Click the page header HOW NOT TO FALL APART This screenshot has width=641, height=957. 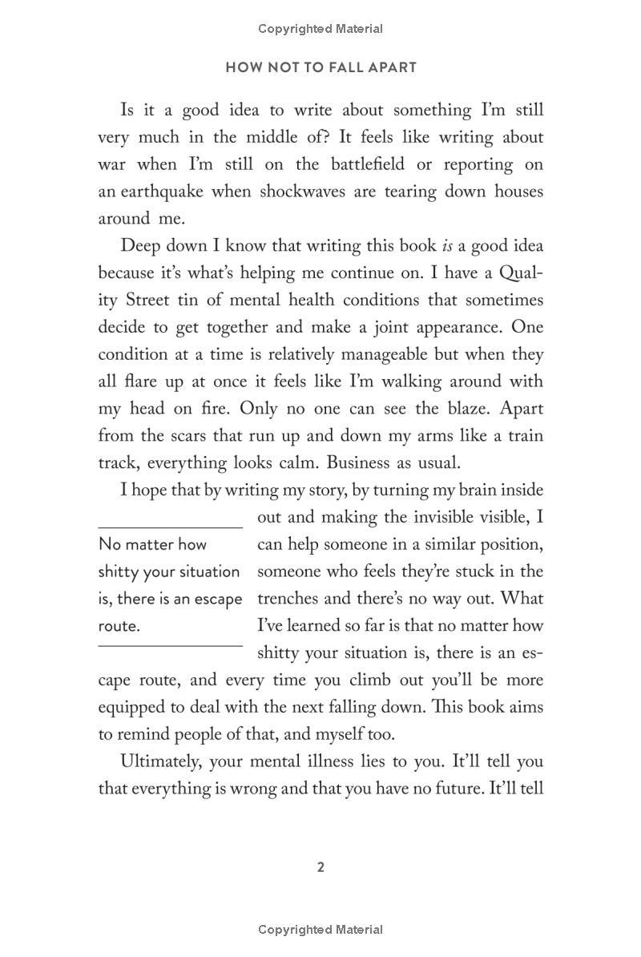tap(320, 67)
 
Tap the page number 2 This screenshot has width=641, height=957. tap(320, 866)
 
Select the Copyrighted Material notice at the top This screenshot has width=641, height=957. tap(320, 29)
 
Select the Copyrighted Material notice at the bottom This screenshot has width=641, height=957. tap(320, 930)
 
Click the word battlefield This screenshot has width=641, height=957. tap(372, 164)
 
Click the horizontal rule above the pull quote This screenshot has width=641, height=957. tap(170, 527)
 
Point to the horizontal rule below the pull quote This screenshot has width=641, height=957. tap(170, 645)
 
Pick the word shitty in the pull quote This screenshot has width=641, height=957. tap(121, 571)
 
